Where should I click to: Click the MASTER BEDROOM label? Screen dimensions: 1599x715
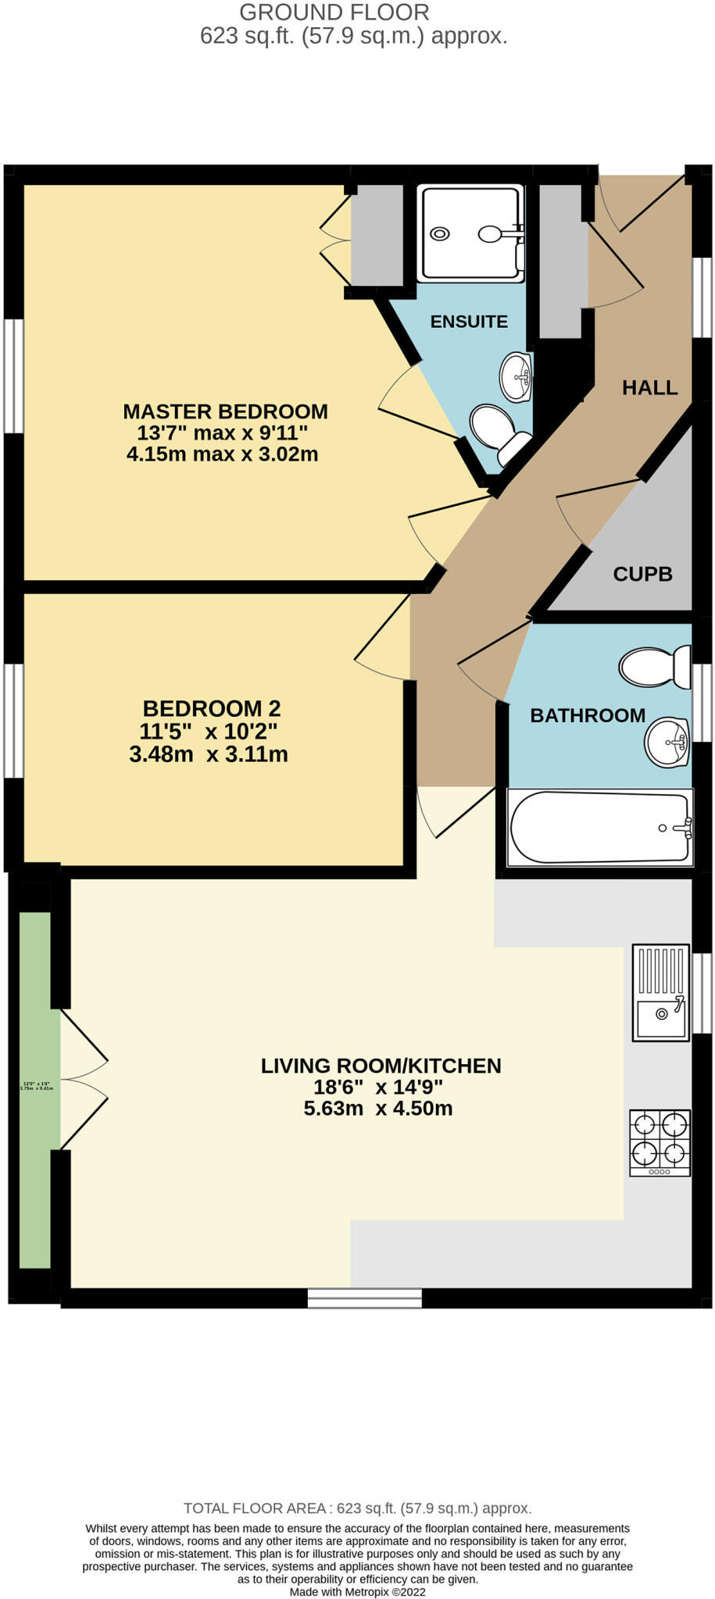tap(225, 411)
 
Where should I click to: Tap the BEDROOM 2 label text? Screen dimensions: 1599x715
tap(211, 708)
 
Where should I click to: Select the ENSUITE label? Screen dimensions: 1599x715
tap(469, 322)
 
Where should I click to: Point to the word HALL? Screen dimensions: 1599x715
tap(649, 387)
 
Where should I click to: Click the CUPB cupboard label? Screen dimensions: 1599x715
tap(642, 574)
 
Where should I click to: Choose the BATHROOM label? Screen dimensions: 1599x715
tap(588, 715)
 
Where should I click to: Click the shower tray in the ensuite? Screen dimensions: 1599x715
tap(470, 233)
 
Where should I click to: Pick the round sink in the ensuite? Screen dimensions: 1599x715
tap(516, 376)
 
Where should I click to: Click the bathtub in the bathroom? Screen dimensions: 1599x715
tap(599, 828)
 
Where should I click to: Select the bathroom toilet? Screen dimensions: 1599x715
tap(653, 666)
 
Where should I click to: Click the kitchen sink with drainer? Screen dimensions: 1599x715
tap(660, 992)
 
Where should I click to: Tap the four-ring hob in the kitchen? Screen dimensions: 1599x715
tap(660, 1142)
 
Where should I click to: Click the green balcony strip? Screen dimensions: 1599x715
tap(35, 1089)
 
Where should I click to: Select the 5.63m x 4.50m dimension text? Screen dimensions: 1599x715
tap(378, 1109)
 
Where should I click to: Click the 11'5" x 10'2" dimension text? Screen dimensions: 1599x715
tap(209, 732)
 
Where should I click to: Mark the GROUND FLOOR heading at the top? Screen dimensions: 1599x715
tap(334, 12)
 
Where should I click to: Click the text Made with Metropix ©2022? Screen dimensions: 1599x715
tap(357, 1591)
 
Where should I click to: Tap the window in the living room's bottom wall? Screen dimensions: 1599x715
tap(364, 1298)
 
